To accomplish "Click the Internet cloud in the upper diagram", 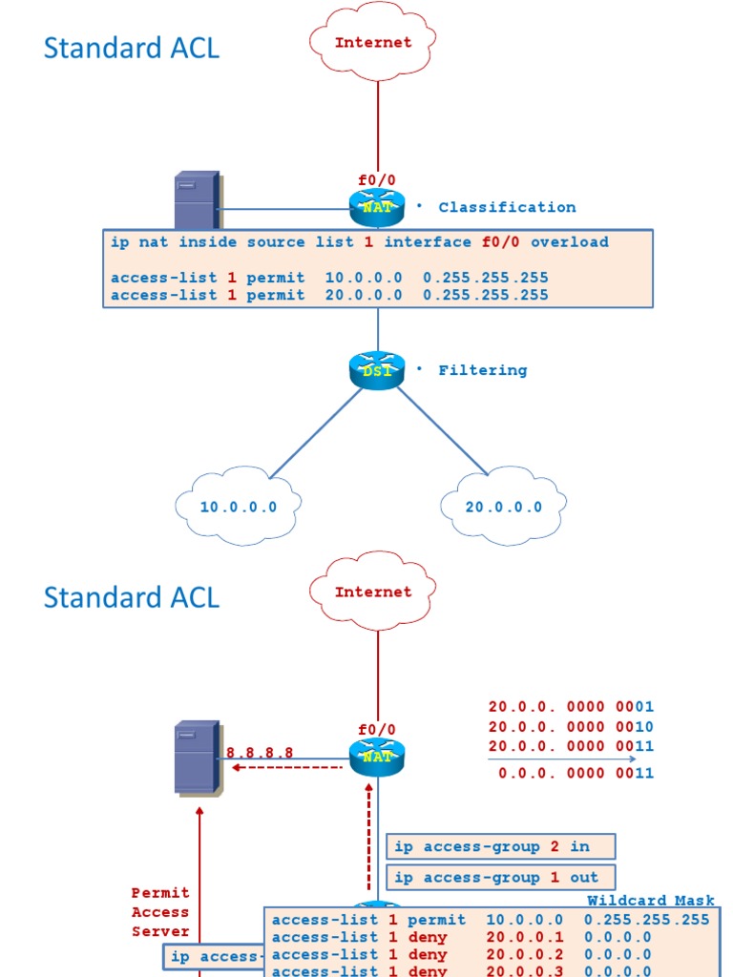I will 373,43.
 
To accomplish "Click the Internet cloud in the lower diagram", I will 373,592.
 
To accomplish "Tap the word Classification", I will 507,207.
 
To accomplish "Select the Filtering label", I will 482,370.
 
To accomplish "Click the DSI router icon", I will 377,370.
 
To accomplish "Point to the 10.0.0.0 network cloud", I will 239,507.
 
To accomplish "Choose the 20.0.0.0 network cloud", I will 503,507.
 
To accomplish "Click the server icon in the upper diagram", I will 197,201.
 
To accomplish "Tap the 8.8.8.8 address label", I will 260,753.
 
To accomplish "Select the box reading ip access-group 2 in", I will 501,846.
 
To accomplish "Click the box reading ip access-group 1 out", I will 501,877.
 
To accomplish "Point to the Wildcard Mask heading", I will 650,901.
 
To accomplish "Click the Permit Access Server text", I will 160,912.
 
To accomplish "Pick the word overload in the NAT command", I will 569,242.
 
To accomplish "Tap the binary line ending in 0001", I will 571,707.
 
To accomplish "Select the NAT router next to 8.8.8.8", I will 377,757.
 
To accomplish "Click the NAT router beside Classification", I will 377,206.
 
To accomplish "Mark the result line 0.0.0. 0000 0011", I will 576,773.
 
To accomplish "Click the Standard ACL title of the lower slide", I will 132,597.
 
